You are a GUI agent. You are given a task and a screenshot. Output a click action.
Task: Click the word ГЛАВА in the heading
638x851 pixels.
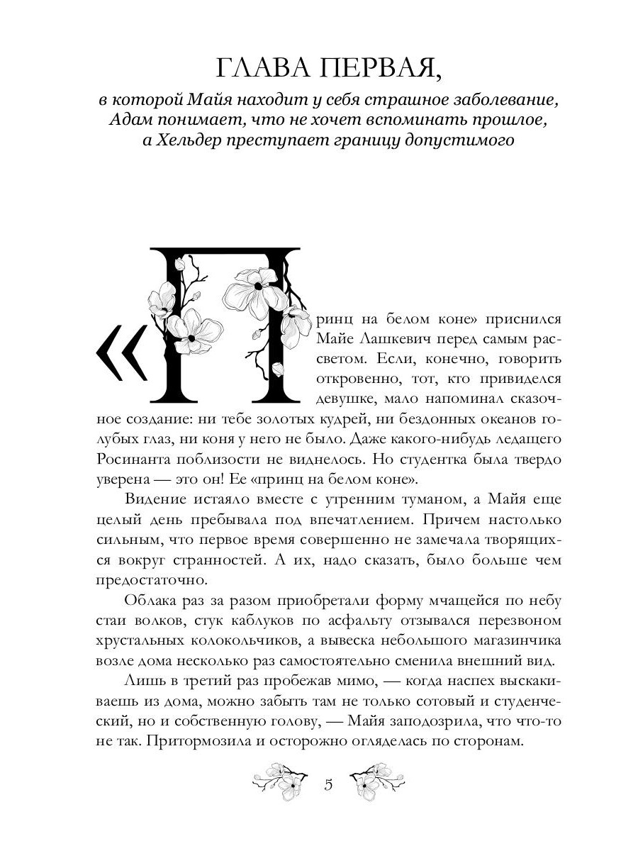[258, 70]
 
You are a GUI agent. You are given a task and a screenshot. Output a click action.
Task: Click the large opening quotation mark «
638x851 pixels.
[121, 353]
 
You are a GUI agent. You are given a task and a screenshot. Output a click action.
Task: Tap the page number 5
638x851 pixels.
[328, 784]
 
